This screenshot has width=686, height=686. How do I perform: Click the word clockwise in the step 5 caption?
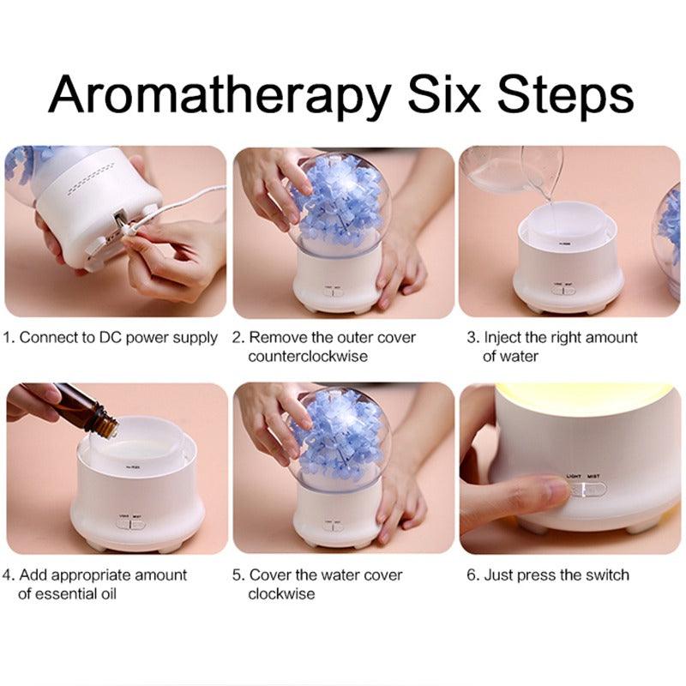pos(281,593)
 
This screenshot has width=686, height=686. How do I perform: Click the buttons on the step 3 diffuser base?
pos(563,290)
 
